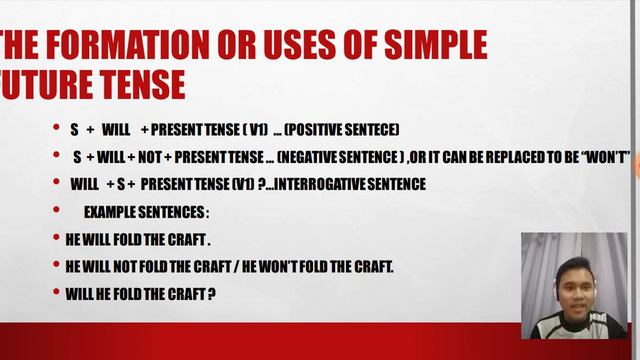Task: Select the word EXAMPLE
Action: (x=110, y=212)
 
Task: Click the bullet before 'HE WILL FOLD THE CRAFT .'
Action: (x=56, y=240)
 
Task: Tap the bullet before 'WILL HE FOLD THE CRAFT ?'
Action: (x=56, y=294)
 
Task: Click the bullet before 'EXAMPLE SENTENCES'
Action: (x=56, y=212)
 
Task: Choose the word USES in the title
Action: (x=296, y=46)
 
